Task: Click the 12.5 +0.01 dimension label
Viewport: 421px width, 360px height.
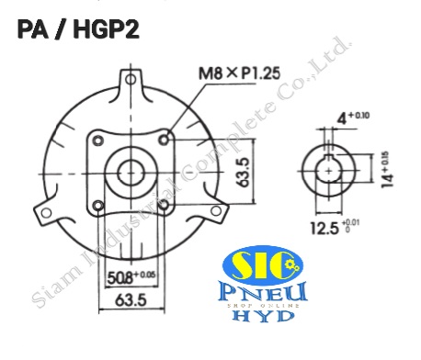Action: click(x=336, y=225)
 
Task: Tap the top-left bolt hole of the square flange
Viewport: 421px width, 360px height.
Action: click(x=97, y=141)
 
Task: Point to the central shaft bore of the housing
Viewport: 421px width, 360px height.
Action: click(x=131, y=173)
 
